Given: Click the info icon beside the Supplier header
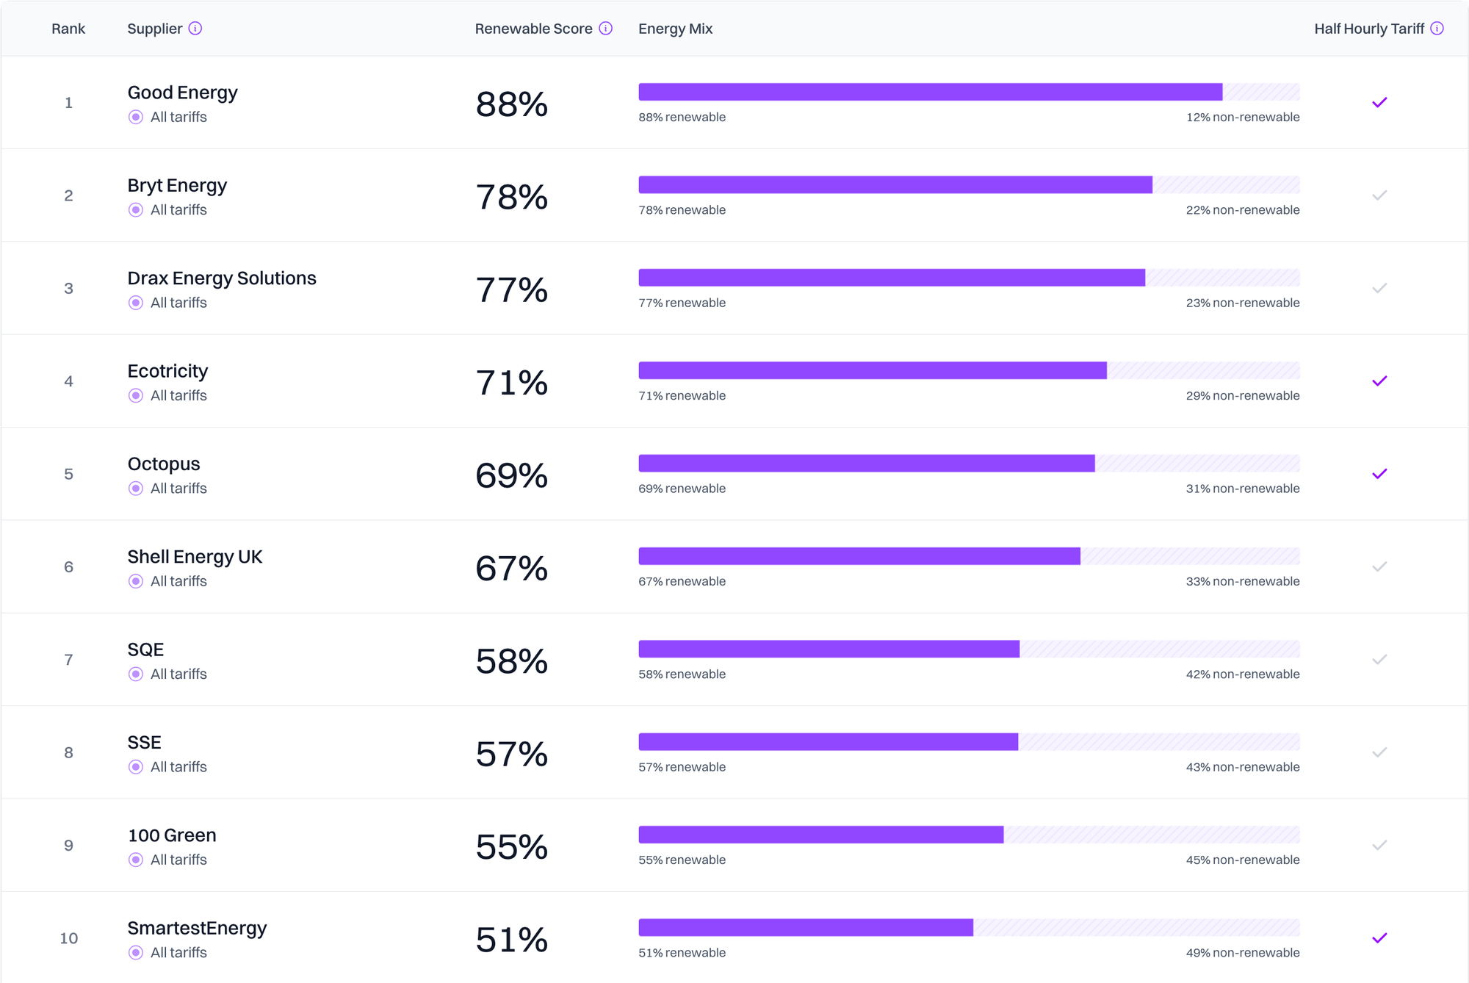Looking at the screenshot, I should (x=195, y=29).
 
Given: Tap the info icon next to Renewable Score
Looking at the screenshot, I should (x=606, y=29).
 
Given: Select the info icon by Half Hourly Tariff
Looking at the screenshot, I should (x=1437, y=29).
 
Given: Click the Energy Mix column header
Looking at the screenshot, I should (x=675, y=29).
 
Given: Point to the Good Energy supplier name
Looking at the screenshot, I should (x=182, y=93).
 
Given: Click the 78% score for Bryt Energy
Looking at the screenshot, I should (x=511, y=197).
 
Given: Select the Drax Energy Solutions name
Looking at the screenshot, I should (x=221, y=278).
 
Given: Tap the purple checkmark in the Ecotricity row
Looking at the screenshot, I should (x=1379, y=381).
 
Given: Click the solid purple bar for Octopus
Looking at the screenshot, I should (x=867, y=464).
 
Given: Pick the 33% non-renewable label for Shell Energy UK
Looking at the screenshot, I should (x=1242, y=581).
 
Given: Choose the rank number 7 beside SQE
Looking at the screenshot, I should (x=68, y=660).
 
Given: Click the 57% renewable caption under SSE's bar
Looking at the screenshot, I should (x=682, y=767).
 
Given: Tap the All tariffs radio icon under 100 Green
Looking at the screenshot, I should (x=136, y=860).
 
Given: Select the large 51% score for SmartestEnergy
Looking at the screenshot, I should (x=511, y=940).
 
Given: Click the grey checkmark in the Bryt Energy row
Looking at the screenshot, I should (x=1379, y=195).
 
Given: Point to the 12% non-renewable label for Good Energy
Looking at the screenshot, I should (x=1242, y=117).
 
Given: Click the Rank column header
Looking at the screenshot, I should (x=68, y=29).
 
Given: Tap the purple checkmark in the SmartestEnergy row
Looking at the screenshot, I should (x=1379, y=938).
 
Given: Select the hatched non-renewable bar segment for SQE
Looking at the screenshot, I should (x=1159, y=649).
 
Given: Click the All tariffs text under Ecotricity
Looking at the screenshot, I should (x=178, y=395).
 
